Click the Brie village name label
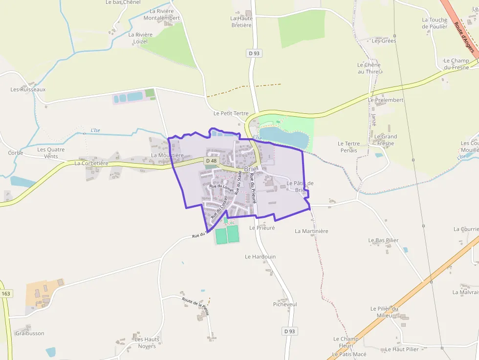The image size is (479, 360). (250, 169)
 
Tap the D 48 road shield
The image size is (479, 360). (211, 161)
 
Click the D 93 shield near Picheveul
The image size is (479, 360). (289, 331)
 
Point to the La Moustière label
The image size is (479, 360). (167, 155)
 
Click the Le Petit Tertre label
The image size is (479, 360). (231, 113)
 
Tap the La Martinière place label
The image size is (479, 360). (312, 231)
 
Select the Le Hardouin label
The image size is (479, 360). (260, 256)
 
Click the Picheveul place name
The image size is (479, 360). (285, 304)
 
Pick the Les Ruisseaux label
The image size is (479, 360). (28, 90)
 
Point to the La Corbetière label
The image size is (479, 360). (91, 164)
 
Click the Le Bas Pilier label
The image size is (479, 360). (383, 240)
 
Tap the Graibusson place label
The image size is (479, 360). (29, 334)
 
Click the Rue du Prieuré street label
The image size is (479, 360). (253, 188)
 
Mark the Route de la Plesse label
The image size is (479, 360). (196, 306)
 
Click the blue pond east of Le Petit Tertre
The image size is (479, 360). (283, 137)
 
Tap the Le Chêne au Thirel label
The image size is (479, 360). (369, 68)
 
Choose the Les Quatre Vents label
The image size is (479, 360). (51, 153)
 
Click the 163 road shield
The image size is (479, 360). (6, 294)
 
